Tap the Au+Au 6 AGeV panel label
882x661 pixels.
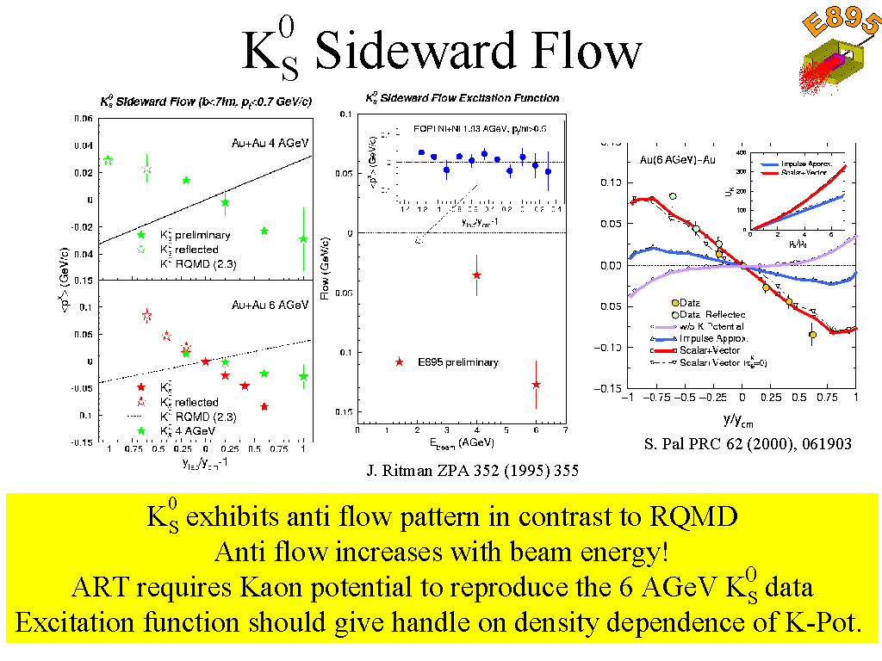click(x=270, y=305)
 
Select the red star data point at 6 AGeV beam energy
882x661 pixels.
click(x=536, y=384)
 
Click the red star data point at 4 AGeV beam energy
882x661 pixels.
click(x=476, y=275)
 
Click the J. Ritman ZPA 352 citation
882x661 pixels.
click(x=472, y=471)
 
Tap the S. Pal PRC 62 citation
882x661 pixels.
click(x=747, y=444)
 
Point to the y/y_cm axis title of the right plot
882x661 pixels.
click(x=742, y=422)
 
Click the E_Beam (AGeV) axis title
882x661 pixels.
click(x=460, y=444)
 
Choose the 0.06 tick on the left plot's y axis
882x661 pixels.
click(x=84, y=119)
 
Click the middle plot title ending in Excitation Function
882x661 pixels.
click(x=463, y=98)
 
